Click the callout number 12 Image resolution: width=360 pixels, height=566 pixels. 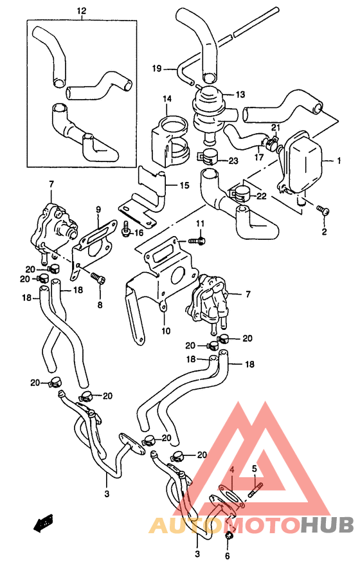tap(80, 11)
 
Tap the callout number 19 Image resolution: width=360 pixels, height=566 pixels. tap(156, 68)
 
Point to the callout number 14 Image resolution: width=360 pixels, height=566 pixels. tap(167, 98)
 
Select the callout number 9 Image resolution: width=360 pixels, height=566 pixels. tap(99, 210)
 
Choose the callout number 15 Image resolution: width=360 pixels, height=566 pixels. tap(184, 186)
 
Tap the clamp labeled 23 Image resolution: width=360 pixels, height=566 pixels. tap(207, 156)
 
